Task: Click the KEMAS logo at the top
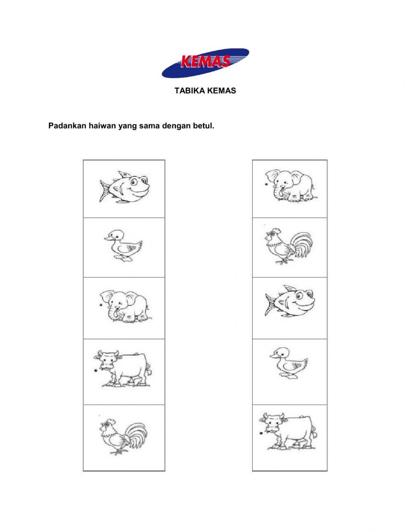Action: (205, 63)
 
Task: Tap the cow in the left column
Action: (123, 368)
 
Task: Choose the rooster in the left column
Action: (124, 436)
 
